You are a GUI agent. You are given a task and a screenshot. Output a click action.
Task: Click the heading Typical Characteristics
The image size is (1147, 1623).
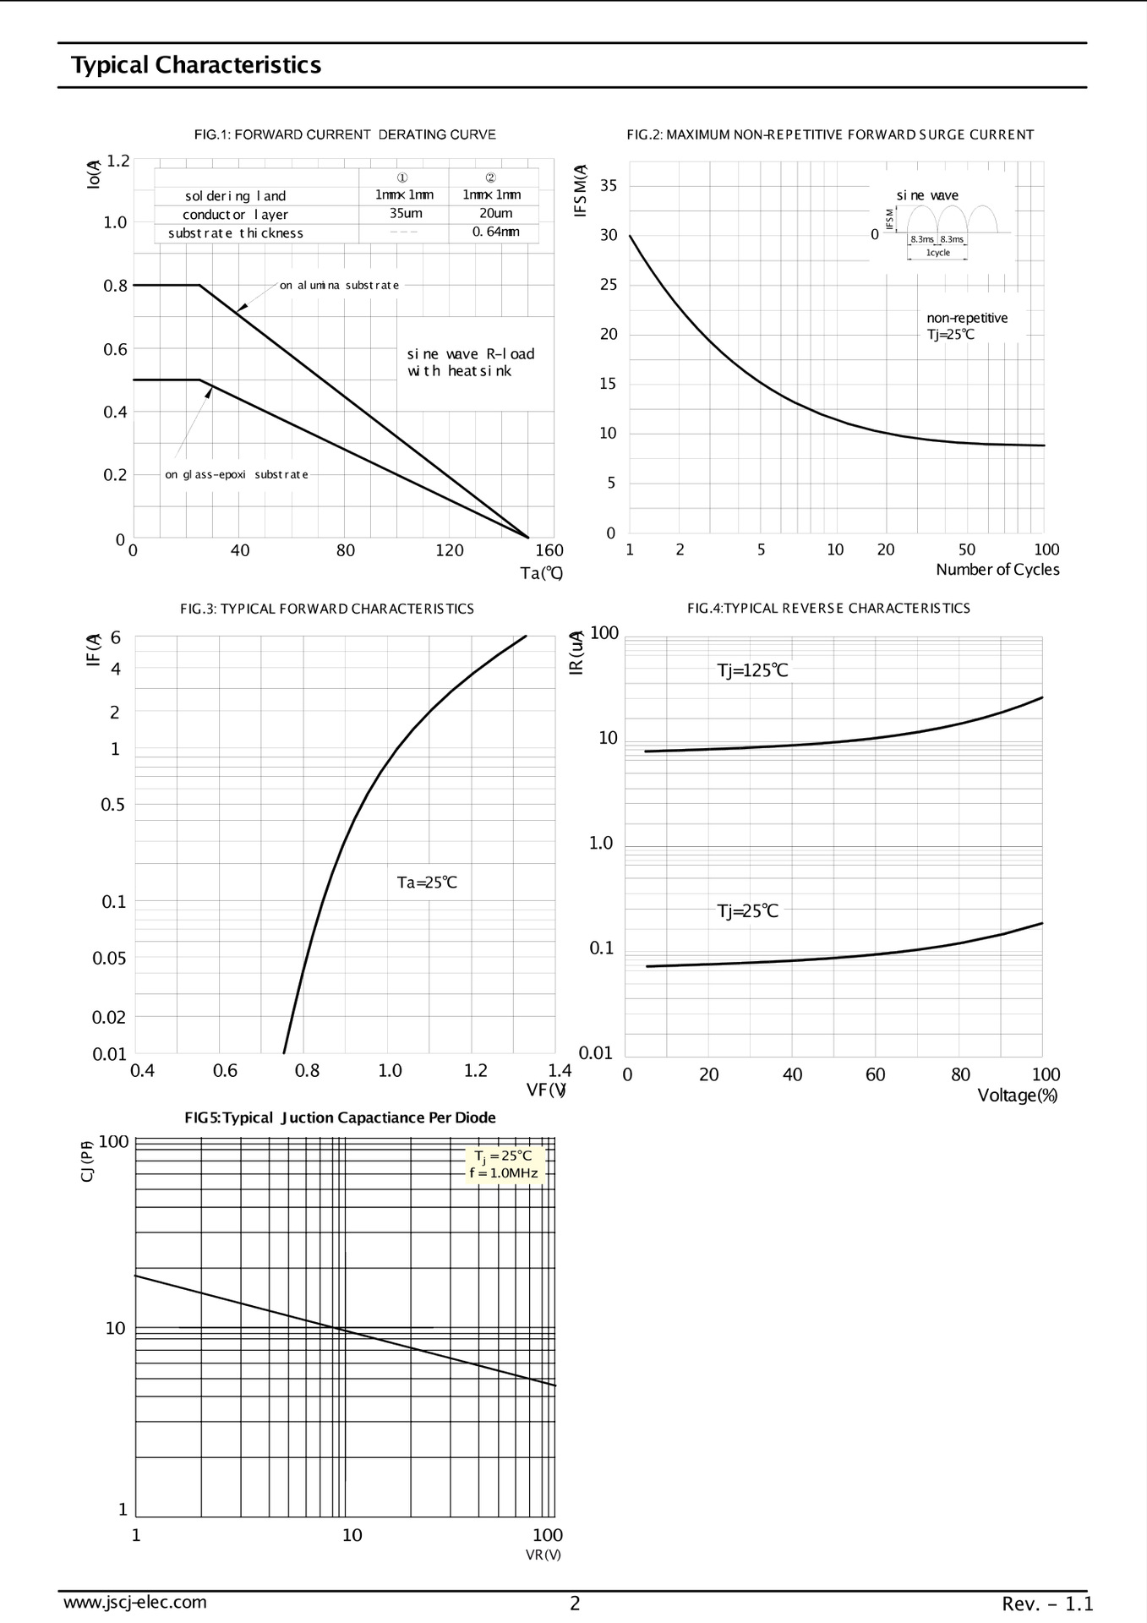tap(195, 65)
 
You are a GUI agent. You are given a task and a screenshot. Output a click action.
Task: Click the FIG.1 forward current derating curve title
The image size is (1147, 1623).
tap(345, 134)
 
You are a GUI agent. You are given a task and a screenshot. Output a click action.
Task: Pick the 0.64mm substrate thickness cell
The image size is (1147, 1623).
tap(495, 232)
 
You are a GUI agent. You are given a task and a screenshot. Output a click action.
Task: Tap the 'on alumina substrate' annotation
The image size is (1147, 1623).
tap(339, 286)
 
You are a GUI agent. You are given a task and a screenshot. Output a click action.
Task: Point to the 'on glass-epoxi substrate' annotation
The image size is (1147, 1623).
tap(237, 475)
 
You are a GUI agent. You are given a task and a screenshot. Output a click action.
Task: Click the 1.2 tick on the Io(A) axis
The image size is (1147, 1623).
tap(117, 161)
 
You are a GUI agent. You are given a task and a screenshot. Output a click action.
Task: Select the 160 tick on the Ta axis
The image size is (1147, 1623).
tap(549, 550)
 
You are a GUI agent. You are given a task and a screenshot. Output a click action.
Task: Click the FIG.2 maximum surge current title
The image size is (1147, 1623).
tap(830, 134)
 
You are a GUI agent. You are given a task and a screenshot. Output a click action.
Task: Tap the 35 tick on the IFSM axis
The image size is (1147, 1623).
tap(609, 186)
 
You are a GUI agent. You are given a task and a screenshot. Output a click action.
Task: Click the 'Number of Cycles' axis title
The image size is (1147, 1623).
tap(997, 570)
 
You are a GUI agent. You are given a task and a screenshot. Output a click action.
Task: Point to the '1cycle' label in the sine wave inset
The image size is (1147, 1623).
tap(938, 253)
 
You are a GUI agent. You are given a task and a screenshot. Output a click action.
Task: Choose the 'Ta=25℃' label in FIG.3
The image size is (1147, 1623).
tap(427, 883)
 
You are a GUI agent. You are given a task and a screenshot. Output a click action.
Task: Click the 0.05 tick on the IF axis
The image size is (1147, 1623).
tap(109, 958)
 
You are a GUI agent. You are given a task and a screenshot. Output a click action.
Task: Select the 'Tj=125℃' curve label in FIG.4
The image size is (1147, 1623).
tap(752, 671)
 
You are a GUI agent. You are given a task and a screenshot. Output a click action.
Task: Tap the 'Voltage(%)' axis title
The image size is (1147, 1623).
tap(1018, 1096)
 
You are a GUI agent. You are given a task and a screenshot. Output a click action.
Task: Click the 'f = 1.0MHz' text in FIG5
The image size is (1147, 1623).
tap(504, 1173)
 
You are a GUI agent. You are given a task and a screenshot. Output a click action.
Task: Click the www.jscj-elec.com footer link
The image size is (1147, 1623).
tap(135, 1602)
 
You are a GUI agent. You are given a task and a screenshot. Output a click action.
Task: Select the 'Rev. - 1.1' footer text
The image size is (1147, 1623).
tap(1047, 1604)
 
